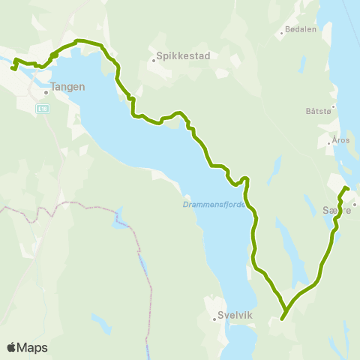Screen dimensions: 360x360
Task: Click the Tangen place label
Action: tap(68, 86)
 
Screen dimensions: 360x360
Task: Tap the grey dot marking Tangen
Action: tap(46, 93)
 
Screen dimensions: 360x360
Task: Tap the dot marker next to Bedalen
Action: tap(282, 32)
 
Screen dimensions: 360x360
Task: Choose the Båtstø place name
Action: tap(318, 111)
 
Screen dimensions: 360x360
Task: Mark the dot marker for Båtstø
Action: tap(334, 106)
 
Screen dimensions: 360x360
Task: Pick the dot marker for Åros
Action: tap(331, 140)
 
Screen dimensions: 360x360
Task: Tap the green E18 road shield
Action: tap(43, 109)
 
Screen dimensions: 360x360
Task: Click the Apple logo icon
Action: tap(12, 347)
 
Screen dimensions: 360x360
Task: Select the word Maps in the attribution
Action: tap(33, 347)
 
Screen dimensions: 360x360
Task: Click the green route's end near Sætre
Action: tap(346, 187)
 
